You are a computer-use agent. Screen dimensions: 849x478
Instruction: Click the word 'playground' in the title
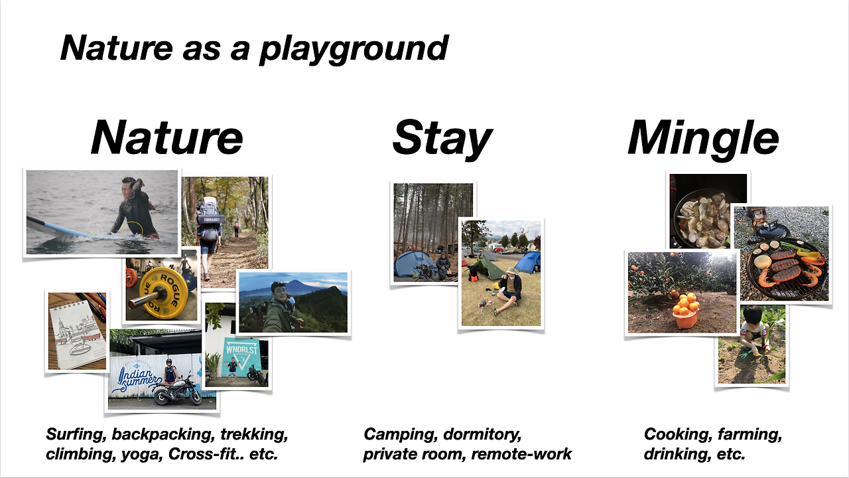point(354,49)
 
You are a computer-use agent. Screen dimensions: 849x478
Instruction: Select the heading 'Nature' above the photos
point(166,137)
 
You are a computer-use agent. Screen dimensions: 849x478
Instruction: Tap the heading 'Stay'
point(442,139)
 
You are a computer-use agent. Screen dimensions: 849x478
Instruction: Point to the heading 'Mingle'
point(703,139)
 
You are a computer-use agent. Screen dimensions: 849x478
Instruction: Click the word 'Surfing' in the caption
point(76,435)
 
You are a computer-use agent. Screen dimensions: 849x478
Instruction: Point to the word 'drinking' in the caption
point(673,453)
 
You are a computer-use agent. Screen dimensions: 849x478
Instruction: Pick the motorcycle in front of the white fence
point(177,391)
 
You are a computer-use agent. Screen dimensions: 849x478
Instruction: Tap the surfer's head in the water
point(129,187)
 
